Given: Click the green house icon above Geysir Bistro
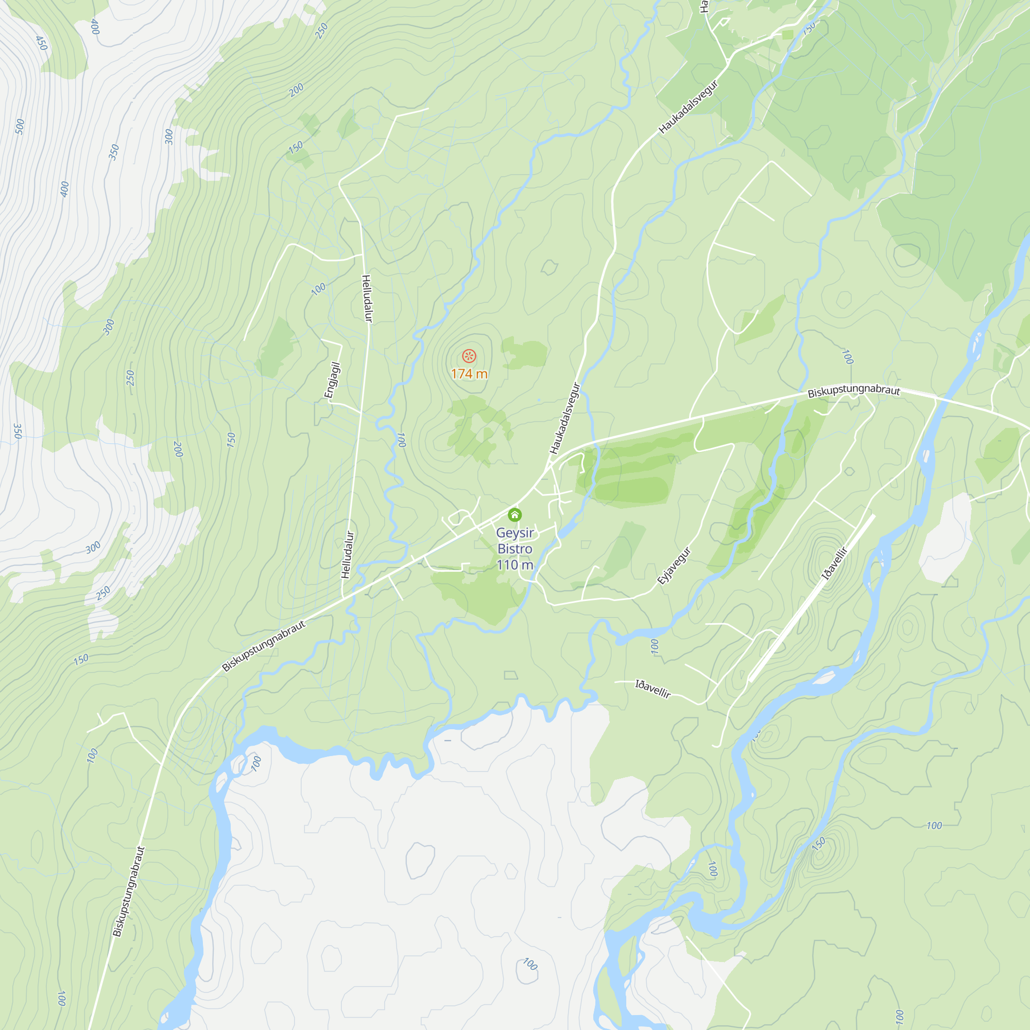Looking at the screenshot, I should coord(514,514).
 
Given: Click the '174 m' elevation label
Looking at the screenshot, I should coord(469,374).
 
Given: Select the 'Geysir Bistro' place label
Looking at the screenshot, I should coord(514,541).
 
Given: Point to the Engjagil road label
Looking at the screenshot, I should coord(332,380).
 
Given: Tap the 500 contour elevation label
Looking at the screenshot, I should coord(20,126).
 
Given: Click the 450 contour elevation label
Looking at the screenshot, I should coord(41,43).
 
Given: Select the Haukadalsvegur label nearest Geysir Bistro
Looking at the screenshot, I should coord(564,419).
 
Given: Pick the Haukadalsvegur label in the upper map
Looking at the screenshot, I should coord(688,107).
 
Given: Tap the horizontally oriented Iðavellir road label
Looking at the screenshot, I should coord(653,689).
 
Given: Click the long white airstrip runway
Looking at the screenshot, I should coord(810,598).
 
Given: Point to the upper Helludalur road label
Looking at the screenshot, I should coord(367,298).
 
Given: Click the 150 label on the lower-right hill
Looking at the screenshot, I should coord(818,844).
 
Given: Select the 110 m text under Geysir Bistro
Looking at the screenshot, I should coord(514,565).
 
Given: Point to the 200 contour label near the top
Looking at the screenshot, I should coord(297,90).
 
